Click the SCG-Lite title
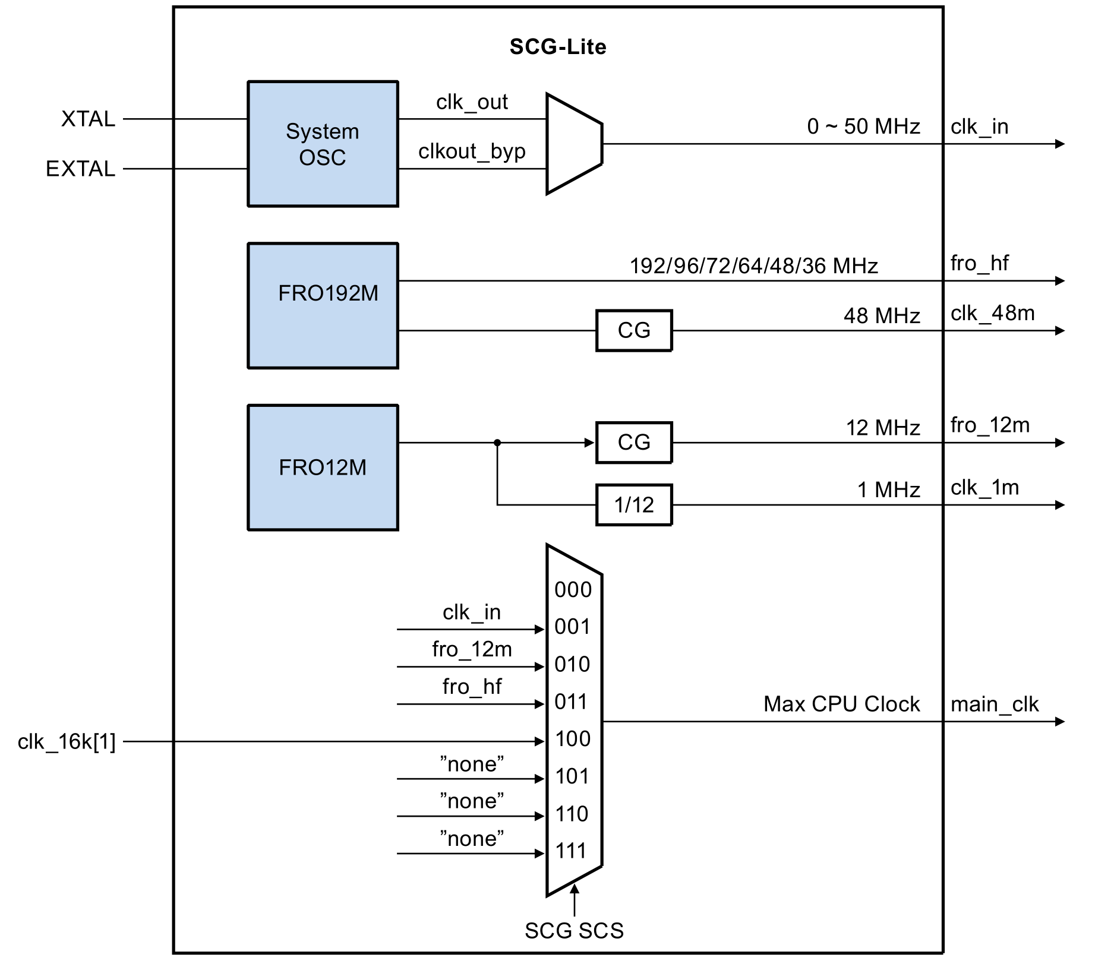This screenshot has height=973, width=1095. click(557, 47)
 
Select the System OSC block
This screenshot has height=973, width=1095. click(323, 144)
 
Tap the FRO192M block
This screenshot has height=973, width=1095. click(323, 305)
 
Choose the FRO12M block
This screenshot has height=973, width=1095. click(323, 467)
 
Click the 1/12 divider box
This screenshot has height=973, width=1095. click(634, 505)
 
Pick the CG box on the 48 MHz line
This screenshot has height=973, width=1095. click(634, 330)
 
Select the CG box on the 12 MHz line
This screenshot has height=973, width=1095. click(634, 443)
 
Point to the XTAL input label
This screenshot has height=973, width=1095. click(88, 119)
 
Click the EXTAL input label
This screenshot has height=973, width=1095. click(80, 169)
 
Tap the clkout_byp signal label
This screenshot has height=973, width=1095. click(472, 151)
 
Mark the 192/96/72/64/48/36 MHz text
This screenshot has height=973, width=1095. click(753, 266)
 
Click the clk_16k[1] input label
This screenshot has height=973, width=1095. click(67, 742)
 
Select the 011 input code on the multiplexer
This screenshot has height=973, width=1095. click(571, 702)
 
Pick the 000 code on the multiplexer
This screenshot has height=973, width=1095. click(573, 590)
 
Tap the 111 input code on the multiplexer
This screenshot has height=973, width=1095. click(571, 851)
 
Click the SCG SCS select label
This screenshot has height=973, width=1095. click(574, 931)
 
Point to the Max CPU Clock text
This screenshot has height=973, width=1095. click(841, 705)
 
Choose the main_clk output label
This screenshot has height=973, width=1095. click(994, 705)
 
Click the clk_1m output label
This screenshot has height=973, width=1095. click(984, 488)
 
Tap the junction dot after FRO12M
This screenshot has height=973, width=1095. click(497, 443)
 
